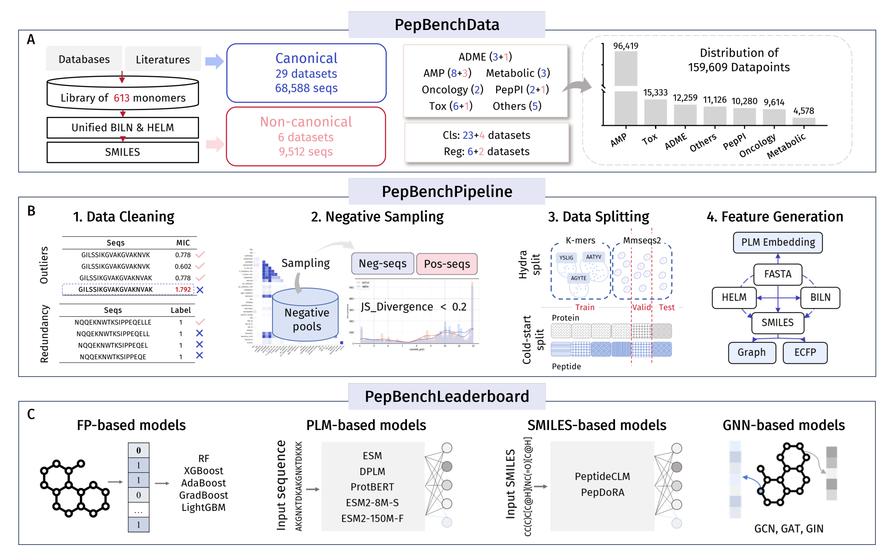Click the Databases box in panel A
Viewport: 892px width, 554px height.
click(x=84, y=59)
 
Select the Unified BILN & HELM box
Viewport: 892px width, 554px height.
click(x=122, y=127)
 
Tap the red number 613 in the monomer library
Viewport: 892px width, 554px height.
click(x=122, y=98)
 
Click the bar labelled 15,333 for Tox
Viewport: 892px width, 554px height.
click(x=655, y=112)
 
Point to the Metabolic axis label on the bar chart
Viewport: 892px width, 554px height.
click(x=786, y=146)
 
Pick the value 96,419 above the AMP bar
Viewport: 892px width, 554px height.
click(x=625, y=46)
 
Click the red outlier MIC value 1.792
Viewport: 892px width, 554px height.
click(x=183, y=289)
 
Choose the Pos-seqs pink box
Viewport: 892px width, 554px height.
click(x=447, y=264)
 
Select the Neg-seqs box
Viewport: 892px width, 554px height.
click(x=382, y=264)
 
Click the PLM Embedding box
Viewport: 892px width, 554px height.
click(x=777, y=242)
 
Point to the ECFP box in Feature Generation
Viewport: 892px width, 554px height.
click(x=805, y=352)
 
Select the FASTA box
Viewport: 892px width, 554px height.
click(x=777, y=274)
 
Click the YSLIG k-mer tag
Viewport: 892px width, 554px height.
click(x=566, y=258)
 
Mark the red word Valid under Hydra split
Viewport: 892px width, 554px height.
click(x=641, y=307)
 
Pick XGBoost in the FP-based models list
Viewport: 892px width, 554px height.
click(x=203, y=471)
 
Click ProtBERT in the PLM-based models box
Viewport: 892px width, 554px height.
click(x=372, y=487)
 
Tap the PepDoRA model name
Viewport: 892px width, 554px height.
click(x=602, y=492)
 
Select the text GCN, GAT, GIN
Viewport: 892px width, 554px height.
click(x=788, y=529)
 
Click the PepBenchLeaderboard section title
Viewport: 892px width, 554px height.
click(x=447, y=397)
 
